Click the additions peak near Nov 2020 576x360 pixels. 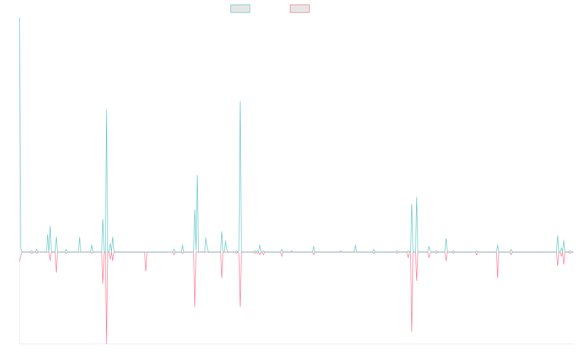[x=240, y=101]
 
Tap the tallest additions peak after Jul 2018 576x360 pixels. [x=107, y=109]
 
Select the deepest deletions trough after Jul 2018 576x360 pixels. [x=107, y=343]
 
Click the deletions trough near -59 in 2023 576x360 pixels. [x=412, y=332]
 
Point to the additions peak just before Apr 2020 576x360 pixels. [x=197, y=175]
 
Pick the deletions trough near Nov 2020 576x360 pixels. [x=240, y=306]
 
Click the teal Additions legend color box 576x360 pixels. [x=240, y=9]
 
